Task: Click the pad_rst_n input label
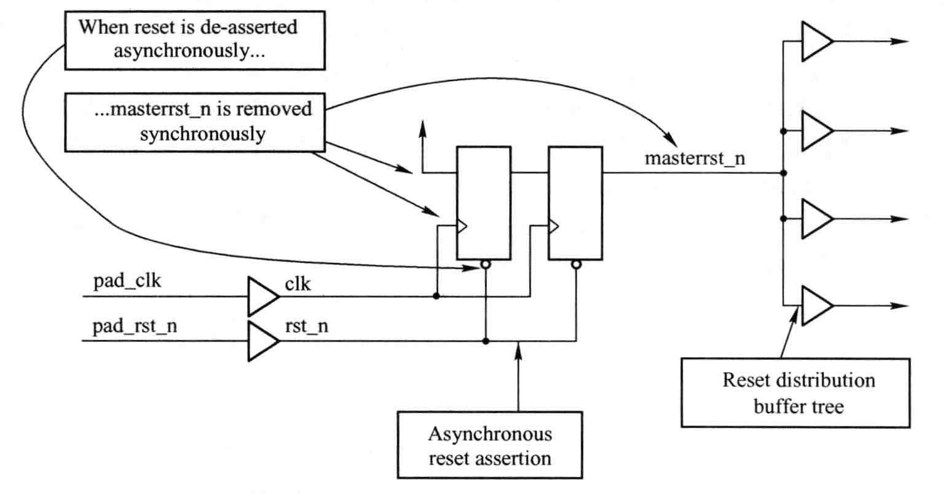[135, 326]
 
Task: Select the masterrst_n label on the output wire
[695, 158]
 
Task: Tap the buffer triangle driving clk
[262, 296]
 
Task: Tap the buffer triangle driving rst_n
[262, 340]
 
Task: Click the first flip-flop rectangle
[483, 203]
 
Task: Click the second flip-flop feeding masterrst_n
[575, 203]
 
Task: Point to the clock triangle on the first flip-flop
[461, 226]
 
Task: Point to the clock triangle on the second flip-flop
[553, 226]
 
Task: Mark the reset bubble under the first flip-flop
[486, 265]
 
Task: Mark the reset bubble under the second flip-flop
[576, 265]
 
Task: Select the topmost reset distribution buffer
[816, 42]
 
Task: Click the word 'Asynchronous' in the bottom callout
[489, 434]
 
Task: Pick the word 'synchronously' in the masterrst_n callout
[202, 134]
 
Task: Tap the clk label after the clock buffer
[298, 285]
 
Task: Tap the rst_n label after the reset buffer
[306, 326]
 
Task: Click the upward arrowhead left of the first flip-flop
[422, 127]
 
